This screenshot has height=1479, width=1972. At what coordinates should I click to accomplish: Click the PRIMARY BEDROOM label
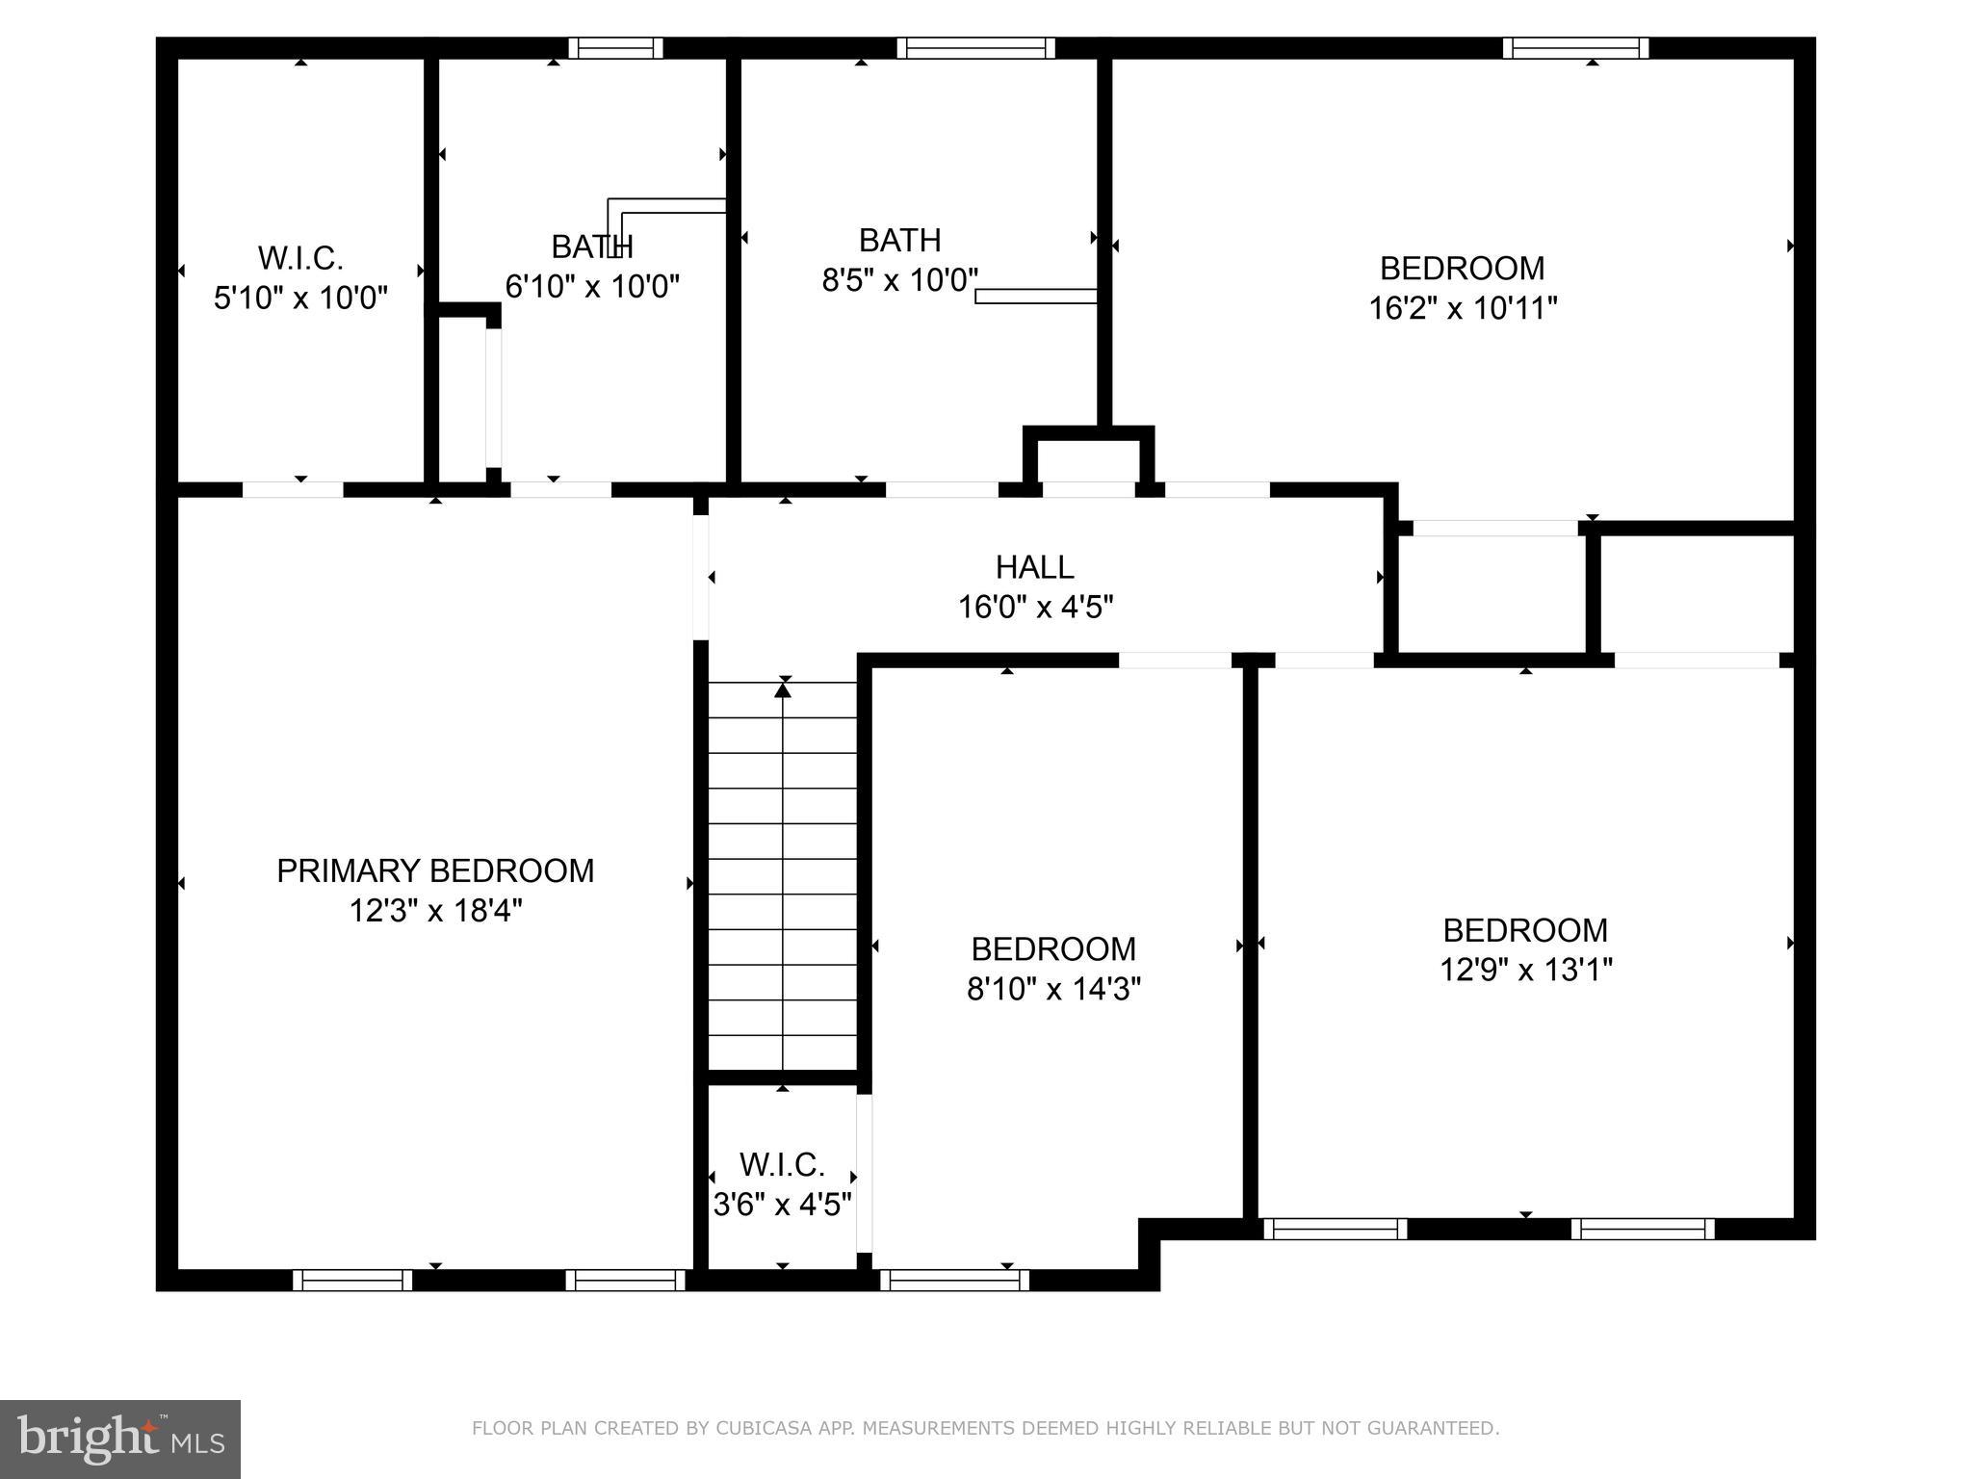coord(435,870)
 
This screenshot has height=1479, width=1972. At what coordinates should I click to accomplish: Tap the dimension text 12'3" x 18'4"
coord(435,911)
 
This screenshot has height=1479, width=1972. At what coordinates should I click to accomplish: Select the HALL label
coord(1034,567)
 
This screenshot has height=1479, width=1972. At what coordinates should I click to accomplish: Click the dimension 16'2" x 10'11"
coord(1463,309)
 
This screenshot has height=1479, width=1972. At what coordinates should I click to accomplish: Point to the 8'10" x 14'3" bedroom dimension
coord(1053,990)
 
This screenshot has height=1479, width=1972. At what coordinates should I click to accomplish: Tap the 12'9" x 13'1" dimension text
coord(1525,970)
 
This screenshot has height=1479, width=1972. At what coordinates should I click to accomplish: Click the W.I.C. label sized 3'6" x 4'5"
coord(782,1165)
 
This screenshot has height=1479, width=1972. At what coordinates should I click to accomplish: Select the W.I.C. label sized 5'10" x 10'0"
coord(300,258)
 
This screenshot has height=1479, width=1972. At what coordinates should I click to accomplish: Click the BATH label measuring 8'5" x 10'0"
coord(899,240)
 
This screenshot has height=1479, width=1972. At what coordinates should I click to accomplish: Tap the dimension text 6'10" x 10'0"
coord(592,287)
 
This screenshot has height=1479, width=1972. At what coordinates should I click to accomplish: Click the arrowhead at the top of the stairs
coord(783,689)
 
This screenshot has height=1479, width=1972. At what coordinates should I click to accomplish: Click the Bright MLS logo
coord(120,1439)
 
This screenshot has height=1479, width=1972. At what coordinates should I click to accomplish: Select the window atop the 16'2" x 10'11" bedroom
coord(1575,48)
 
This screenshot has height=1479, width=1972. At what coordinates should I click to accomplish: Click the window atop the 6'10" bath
coord(615,48)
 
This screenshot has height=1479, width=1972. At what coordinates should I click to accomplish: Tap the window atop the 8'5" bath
coord(975,48)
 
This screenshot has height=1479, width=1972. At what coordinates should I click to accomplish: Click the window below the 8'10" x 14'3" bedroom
coord(954,1280)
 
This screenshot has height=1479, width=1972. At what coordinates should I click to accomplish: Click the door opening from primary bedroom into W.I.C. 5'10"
coord(293,490)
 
